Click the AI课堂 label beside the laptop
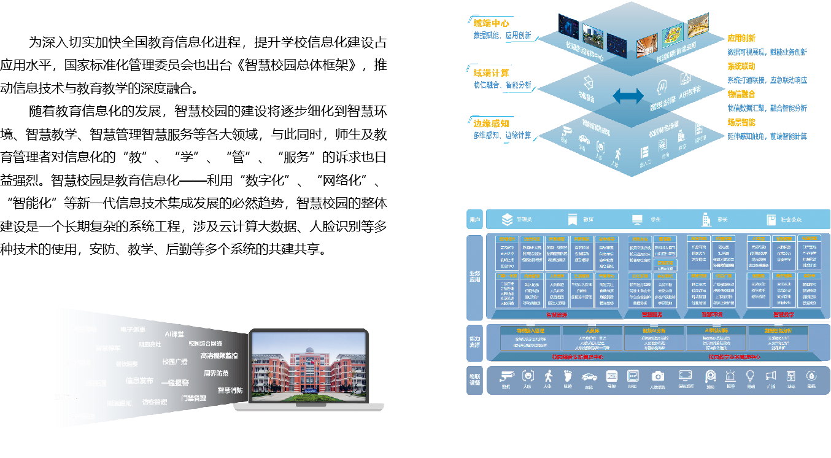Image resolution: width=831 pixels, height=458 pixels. pos(174,334)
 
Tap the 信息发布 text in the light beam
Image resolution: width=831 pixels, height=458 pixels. pos(139,381)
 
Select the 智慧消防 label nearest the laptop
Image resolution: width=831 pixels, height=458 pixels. pos(230,390)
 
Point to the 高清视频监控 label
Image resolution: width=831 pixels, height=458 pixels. pos(219,355)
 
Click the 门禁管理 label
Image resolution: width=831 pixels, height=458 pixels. pos(194,398)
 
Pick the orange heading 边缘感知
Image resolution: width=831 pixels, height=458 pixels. pos(491,123)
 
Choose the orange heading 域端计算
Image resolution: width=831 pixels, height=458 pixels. pos(491,73)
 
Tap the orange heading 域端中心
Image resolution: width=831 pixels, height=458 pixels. pos(491,23)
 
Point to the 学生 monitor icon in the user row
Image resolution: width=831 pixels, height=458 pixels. pos(638,219)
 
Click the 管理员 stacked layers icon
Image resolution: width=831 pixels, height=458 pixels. pos(507,219)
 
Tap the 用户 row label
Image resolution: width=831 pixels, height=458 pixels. pos(474,219)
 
